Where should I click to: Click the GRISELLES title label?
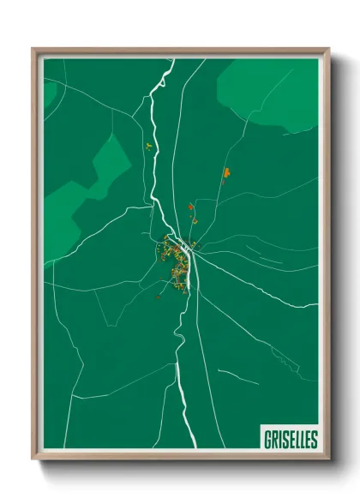(x=288, y=439)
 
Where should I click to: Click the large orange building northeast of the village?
(x=226, y=173)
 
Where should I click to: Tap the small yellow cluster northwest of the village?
(x=147, y=147)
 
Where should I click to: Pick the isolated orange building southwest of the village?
(x=158, y=297)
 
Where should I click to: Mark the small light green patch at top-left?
(x=49, y=91)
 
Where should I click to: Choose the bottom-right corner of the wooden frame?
(x=327, y=459)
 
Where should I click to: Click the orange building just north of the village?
(x=190, y=207)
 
